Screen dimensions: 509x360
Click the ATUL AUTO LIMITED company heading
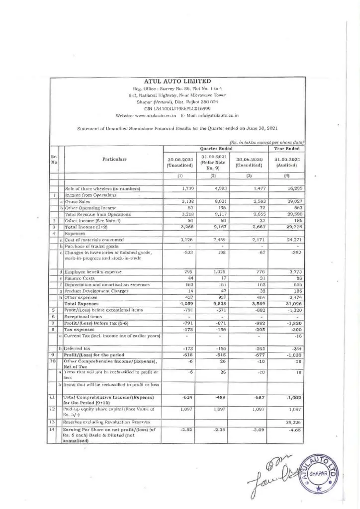click(x=177, y=81)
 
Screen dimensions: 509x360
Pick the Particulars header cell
click(x=113, y=160)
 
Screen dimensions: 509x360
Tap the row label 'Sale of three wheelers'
click(x=102, y=189)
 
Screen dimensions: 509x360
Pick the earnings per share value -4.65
click(x=291, y=431)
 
